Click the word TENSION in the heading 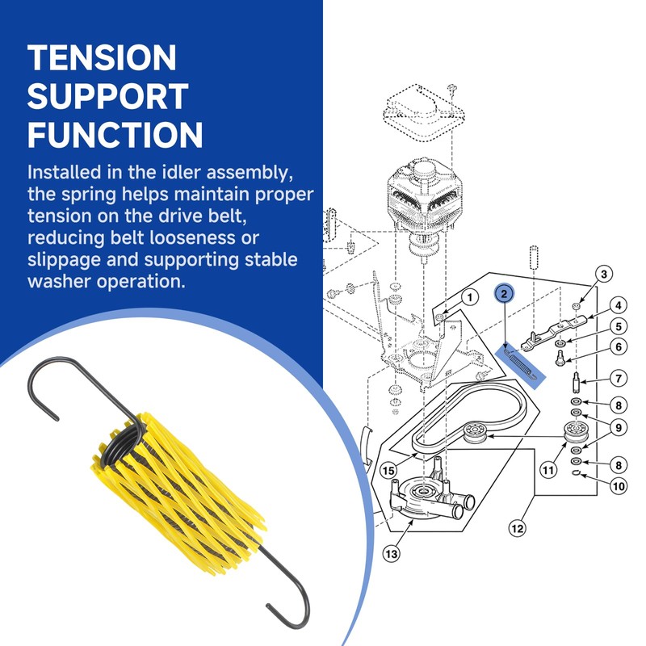pos(102,58)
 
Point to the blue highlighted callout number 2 pos(504,294)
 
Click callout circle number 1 pos(468,298)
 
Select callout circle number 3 pos(602,275)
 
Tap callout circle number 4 pos(618,306)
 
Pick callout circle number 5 pos(618,327)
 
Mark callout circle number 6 pos(618,348)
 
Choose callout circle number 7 pos(618,378)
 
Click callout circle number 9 pos(618,428)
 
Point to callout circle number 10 pos(618,486)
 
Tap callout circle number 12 pos(518,530)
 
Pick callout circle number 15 pos(388,470)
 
